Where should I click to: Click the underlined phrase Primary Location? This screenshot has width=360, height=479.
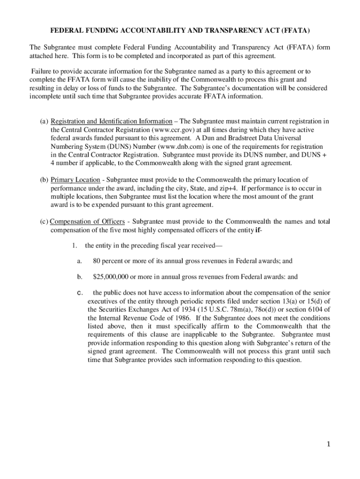point(75,180)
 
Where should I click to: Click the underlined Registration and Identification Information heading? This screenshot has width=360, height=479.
point(111,121)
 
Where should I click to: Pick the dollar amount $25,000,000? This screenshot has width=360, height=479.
point(111,277)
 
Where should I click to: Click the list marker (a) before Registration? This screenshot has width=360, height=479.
point(43,121)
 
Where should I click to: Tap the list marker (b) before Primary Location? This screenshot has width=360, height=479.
point(43,180)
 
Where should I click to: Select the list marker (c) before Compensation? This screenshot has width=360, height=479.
point(43,221)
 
